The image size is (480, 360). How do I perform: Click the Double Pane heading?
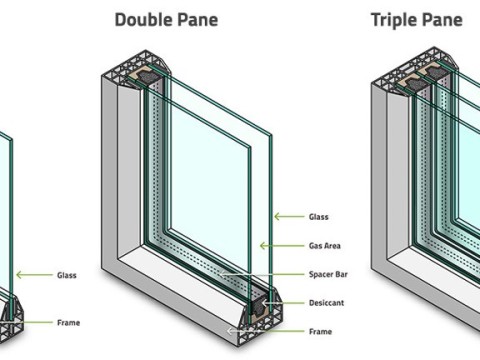(x=166, y=20)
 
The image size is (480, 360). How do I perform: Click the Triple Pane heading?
(x=417, y=20)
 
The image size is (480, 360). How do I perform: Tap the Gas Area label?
(x=325, y=246)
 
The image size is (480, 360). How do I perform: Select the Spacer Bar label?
(x=328, y=274)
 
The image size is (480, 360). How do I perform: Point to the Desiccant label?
(x=326, y=303)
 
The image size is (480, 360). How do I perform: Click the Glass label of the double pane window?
(x=319, y=217)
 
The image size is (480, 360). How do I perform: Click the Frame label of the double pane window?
(x=320, y=331)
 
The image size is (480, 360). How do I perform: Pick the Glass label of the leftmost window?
(x=67, y=275)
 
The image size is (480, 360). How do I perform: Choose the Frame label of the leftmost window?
(x=68, y=323)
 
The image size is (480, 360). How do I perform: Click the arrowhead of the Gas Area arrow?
(x=263, y=246)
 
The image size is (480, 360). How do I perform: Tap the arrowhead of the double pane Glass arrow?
(x=277, y=217)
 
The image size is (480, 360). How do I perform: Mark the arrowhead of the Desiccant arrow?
(x=264, y=303)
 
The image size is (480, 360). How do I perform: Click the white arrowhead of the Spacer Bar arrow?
(x=222, y=275)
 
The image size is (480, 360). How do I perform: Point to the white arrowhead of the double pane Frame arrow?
(x=229, y=331)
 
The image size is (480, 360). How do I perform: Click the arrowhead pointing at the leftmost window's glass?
(x=19, y=275)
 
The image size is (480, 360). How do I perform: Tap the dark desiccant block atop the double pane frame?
(x=147, y=76)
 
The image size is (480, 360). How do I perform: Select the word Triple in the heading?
(x=391, y=20)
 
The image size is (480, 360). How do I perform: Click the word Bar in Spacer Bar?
(x=341, y=274)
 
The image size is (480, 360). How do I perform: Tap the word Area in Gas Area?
(x=332, y=246)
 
